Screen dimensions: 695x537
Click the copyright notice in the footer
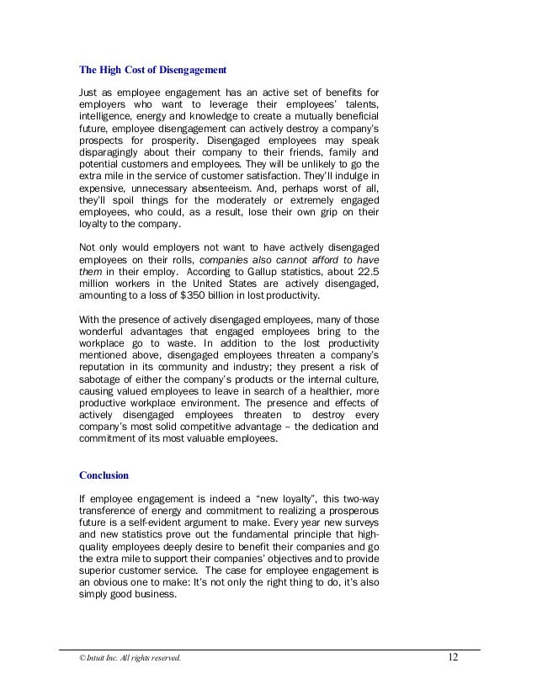coord(124,658)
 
